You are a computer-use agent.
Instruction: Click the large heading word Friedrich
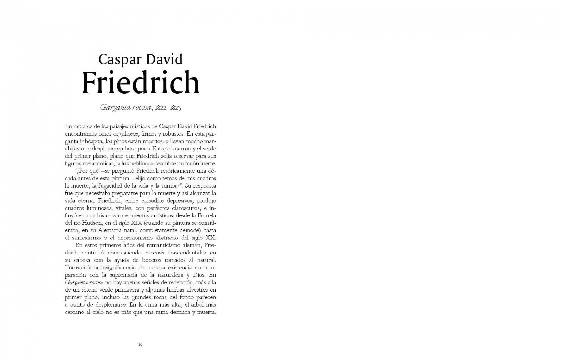click(141, 82)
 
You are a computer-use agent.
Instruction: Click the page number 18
click(140, 344)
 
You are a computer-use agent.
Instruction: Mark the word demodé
click(187, 230)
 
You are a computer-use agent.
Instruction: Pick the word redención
click(173, 282)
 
